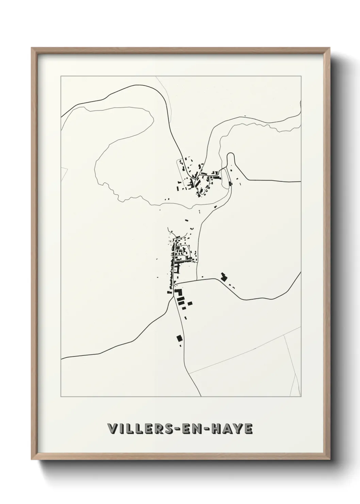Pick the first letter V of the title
111,429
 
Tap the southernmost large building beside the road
179,338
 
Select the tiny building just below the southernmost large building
180,345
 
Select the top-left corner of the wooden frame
32,48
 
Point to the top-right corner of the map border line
301,76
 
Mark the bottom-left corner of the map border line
61,397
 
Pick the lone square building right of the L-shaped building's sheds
190,303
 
